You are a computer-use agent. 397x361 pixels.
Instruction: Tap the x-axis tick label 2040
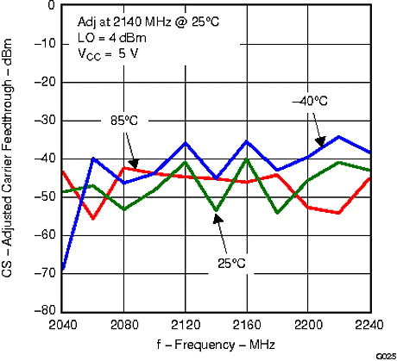(x=62, y=326)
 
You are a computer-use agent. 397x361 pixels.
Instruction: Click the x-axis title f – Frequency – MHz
(x=217, y=345)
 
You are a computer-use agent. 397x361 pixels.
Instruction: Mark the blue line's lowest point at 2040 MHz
(x=63, y=269)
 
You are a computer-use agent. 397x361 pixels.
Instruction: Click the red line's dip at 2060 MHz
(x=93, y=219)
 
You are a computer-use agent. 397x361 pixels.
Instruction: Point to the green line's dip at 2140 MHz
(x=217, y=210)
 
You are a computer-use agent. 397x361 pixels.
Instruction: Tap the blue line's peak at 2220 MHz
(x=339, y=136)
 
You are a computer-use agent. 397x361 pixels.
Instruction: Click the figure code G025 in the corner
(x=386, y=356)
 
